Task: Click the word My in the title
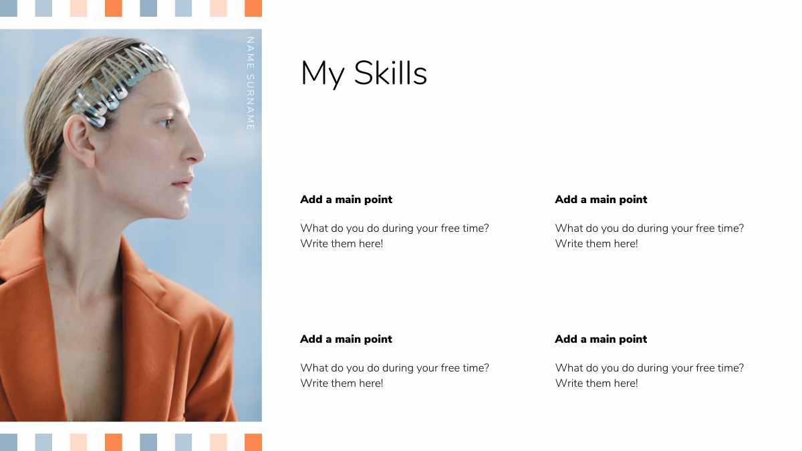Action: (323, 74)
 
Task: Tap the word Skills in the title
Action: (390, 73)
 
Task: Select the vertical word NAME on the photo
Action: (250, 53)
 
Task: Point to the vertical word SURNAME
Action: (250, 102)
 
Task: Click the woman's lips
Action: (183, 182)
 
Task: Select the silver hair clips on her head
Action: (120, 84)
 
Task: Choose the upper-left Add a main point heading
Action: (346, 199)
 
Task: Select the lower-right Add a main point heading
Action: (601, 339)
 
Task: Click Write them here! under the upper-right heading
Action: (596, 244)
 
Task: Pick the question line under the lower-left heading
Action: (394, 368)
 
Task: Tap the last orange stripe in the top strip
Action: (253, 8)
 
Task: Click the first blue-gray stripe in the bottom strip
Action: (9, 442)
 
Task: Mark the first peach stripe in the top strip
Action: (78, 8)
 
